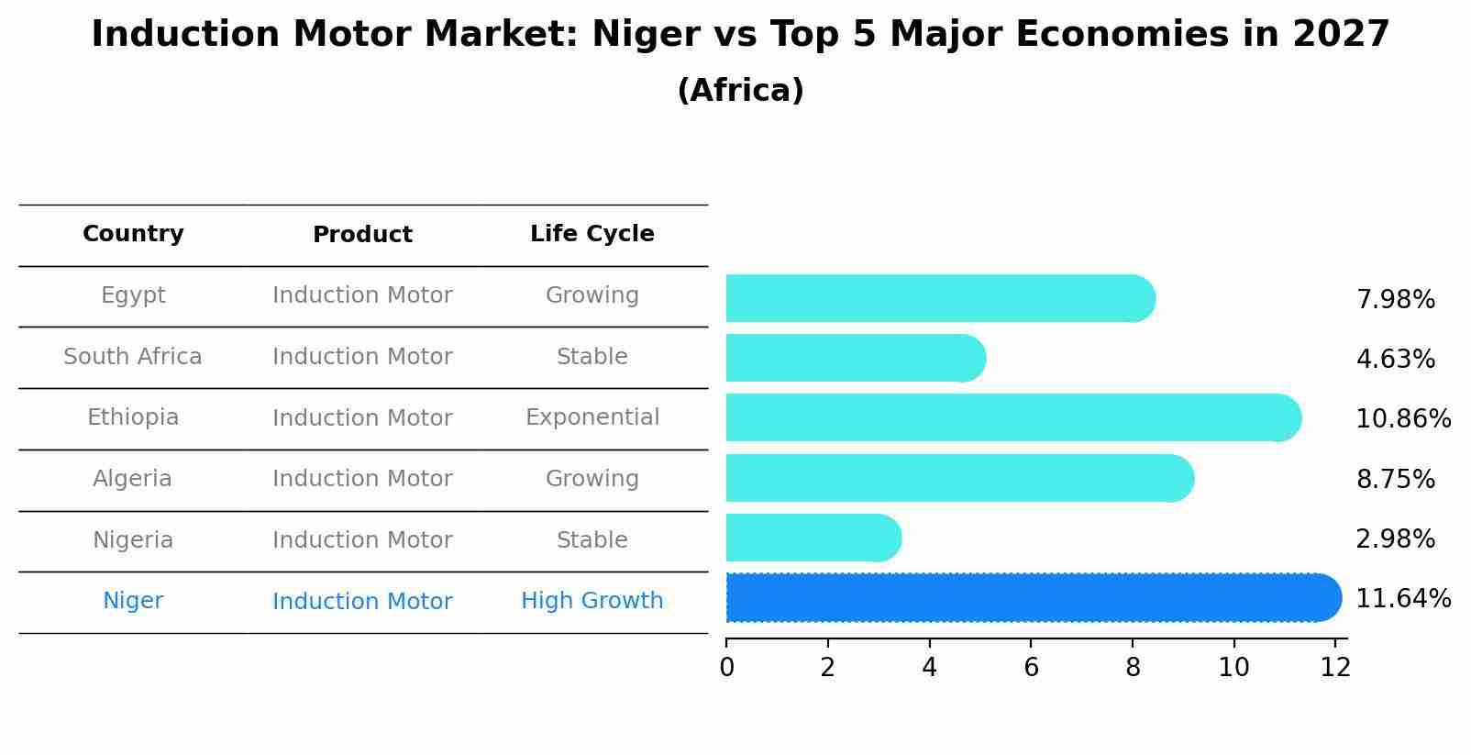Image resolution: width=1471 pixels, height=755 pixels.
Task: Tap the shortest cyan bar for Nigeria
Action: [x=813, y=538]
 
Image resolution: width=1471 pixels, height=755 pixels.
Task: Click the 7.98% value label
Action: [x=1395, y=300]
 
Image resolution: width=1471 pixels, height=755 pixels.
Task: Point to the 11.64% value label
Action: [x=1402, y=599]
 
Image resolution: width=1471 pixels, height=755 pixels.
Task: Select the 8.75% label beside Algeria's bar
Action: [x=1395, y=480]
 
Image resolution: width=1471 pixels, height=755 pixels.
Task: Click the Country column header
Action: [x=133, y=234]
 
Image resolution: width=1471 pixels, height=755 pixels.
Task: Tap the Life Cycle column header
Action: [x=592, y=234]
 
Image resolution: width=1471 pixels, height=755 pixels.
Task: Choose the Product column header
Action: [x=362, y=235]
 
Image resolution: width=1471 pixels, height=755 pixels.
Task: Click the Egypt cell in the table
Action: [x=133, y=295]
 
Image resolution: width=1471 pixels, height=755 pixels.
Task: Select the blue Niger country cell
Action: [x=133, y=601]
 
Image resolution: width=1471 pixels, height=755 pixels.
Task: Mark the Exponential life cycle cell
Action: [x=592, y=417]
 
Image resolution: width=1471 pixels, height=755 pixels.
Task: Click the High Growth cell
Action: [x=592, y=601]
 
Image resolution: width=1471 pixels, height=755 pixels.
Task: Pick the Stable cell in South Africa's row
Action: [x=592, y=357]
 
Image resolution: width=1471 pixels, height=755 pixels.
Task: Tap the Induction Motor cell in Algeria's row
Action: [x=362, y=479]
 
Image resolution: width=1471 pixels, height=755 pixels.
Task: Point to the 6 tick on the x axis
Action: [x=1031, y=668]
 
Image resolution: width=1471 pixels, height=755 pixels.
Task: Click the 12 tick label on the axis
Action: [x=1335, y=668]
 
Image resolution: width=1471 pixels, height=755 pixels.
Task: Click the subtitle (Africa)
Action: [x=740, y=91]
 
